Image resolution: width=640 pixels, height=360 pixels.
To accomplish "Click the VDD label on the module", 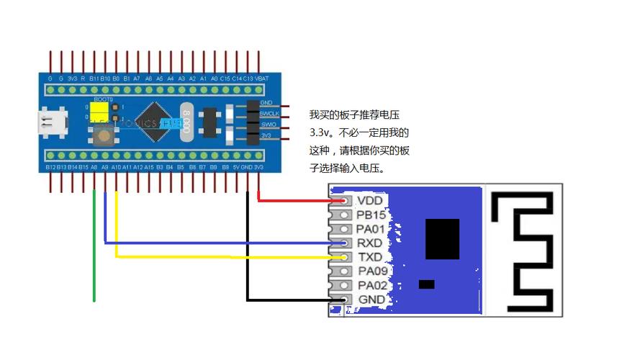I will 370,200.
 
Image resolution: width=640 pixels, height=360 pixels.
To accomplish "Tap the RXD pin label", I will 371,243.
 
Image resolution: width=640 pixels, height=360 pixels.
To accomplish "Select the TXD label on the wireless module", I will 370,257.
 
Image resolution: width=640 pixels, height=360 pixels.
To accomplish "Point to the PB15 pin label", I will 372,215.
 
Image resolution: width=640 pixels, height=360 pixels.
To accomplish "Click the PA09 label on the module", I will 373,271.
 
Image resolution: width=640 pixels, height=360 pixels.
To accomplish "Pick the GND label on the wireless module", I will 371,300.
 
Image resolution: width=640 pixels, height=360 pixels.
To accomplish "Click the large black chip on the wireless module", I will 442,239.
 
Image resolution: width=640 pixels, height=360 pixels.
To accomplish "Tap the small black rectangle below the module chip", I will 426,284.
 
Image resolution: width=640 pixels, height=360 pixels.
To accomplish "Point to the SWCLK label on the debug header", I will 269,113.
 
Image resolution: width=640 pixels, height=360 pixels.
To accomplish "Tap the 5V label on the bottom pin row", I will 237,167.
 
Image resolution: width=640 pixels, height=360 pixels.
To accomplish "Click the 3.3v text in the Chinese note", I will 320,133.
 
